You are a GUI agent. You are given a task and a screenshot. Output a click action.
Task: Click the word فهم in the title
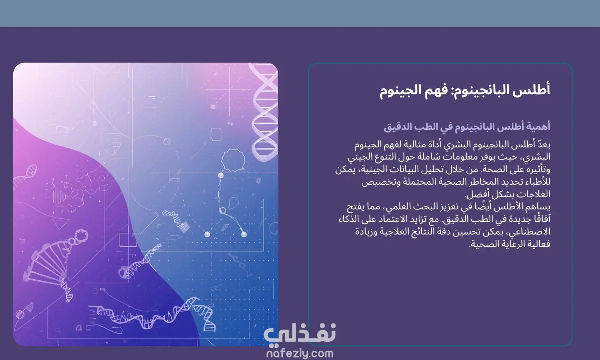pos(436,90)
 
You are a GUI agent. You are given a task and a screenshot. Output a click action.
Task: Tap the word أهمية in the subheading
pos(537,126)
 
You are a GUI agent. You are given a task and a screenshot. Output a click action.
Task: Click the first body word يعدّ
pos(543,145)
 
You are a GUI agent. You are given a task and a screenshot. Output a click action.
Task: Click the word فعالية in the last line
pos(539,244)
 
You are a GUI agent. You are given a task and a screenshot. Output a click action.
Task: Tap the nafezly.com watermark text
pos(300,353)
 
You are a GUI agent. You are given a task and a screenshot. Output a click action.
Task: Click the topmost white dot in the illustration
pos(221,175)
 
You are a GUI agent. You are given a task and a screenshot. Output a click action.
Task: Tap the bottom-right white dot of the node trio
pos(244,235)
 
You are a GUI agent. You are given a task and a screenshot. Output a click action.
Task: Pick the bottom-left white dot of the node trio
pos(207,235)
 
